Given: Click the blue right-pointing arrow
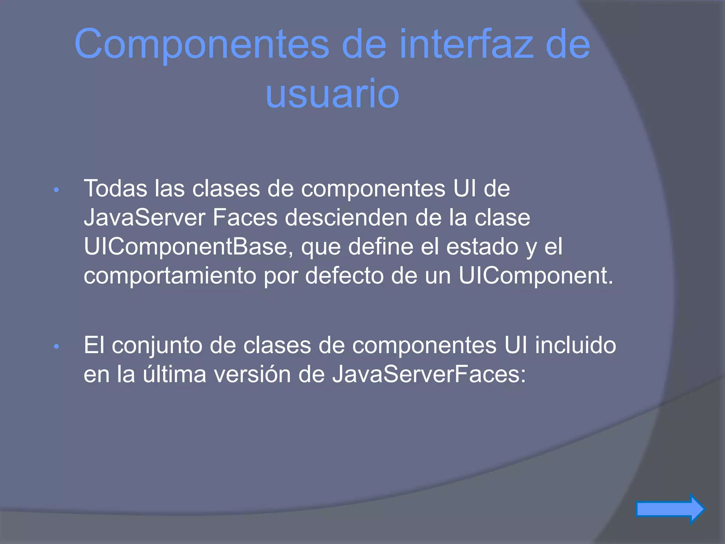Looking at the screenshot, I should click(670, 509).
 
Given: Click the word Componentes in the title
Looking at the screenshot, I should click(202, 44).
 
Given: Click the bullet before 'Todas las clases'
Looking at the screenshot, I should click(56, 191).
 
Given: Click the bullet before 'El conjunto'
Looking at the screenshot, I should click(56, 347).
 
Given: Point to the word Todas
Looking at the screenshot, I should click(115, 188).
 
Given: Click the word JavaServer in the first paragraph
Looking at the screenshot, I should click(144, 217).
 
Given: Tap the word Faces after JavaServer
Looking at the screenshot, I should click(245, 217).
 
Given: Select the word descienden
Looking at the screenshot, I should click(347, 217).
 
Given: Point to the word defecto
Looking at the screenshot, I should click(344, 276).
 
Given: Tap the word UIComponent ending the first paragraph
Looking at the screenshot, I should click(535, 276).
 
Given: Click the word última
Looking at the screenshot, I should click(175, 374).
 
